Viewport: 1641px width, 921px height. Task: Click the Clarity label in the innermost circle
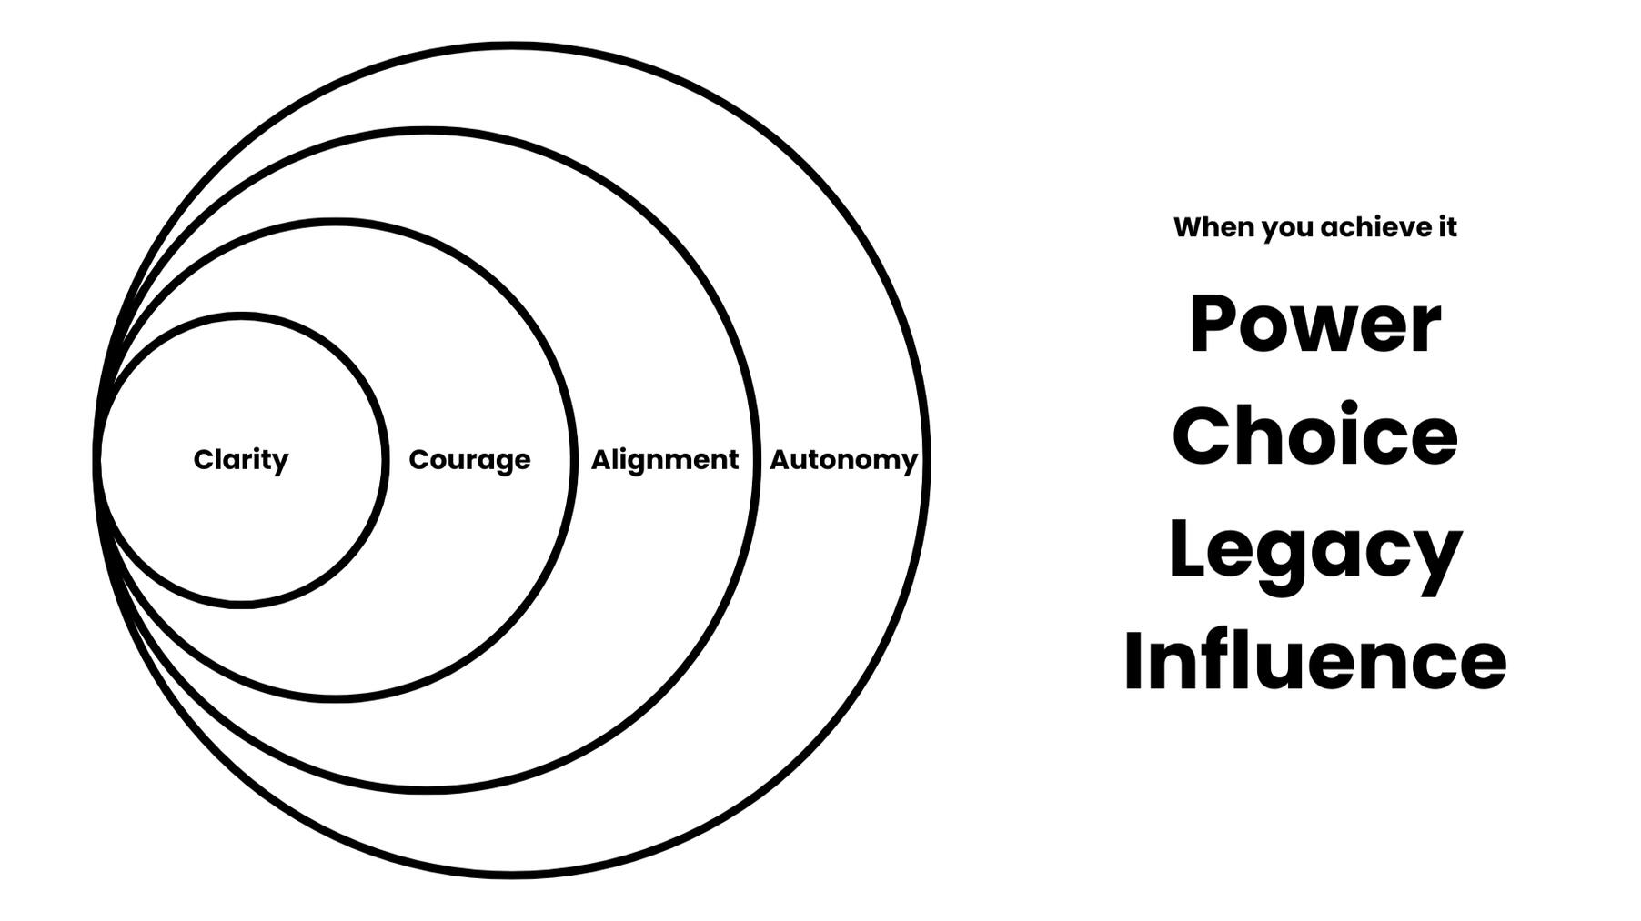click(241, 460)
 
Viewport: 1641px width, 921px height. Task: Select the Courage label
click(469, 460)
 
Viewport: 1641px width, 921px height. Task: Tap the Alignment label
click(664, 460)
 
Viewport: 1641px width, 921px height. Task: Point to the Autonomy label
click(843, 460)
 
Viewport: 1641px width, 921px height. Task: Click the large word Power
click(1315, 325)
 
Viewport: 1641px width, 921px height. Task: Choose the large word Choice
click(1315, 435)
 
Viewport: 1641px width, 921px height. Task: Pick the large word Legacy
click(1315, 550)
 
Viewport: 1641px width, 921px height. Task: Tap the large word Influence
click(1315, 661)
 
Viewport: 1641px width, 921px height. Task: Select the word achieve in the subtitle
click(1372, 227)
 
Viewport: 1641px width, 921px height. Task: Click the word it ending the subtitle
click(1446, 227)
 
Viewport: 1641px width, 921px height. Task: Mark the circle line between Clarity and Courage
click(385, 460)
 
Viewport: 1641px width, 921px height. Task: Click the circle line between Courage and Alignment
click(572, 460)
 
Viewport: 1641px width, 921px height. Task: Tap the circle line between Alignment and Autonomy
click(756, 460)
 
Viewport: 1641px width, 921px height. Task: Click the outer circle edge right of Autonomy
click(926, 460)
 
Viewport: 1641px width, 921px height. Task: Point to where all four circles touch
click(97, 460)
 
